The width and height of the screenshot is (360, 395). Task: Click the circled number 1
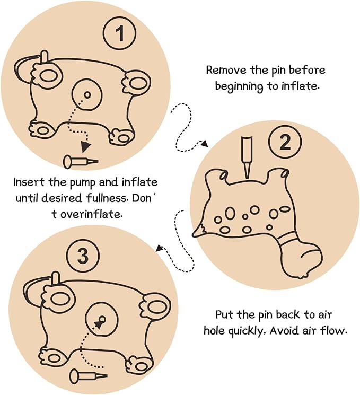(x=119, y=33)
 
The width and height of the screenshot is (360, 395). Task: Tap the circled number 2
(x=285, y=142)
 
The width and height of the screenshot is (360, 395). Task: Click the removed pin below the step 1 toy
(x=81, y=162)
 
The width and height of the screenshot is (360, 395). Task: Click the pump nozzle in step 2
(x=247, y=157)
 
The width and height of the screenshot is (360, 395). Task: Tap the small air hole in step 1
(x=87, y=95)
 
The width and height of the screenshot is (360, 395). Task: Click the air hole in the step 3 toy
(x=102, y=320)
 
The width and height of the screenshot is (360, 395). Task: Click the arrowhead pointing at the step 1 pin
(x=86, y=147)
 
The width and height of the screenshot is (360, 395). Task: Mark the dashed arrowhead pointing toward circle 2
(x=205, y=144)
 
